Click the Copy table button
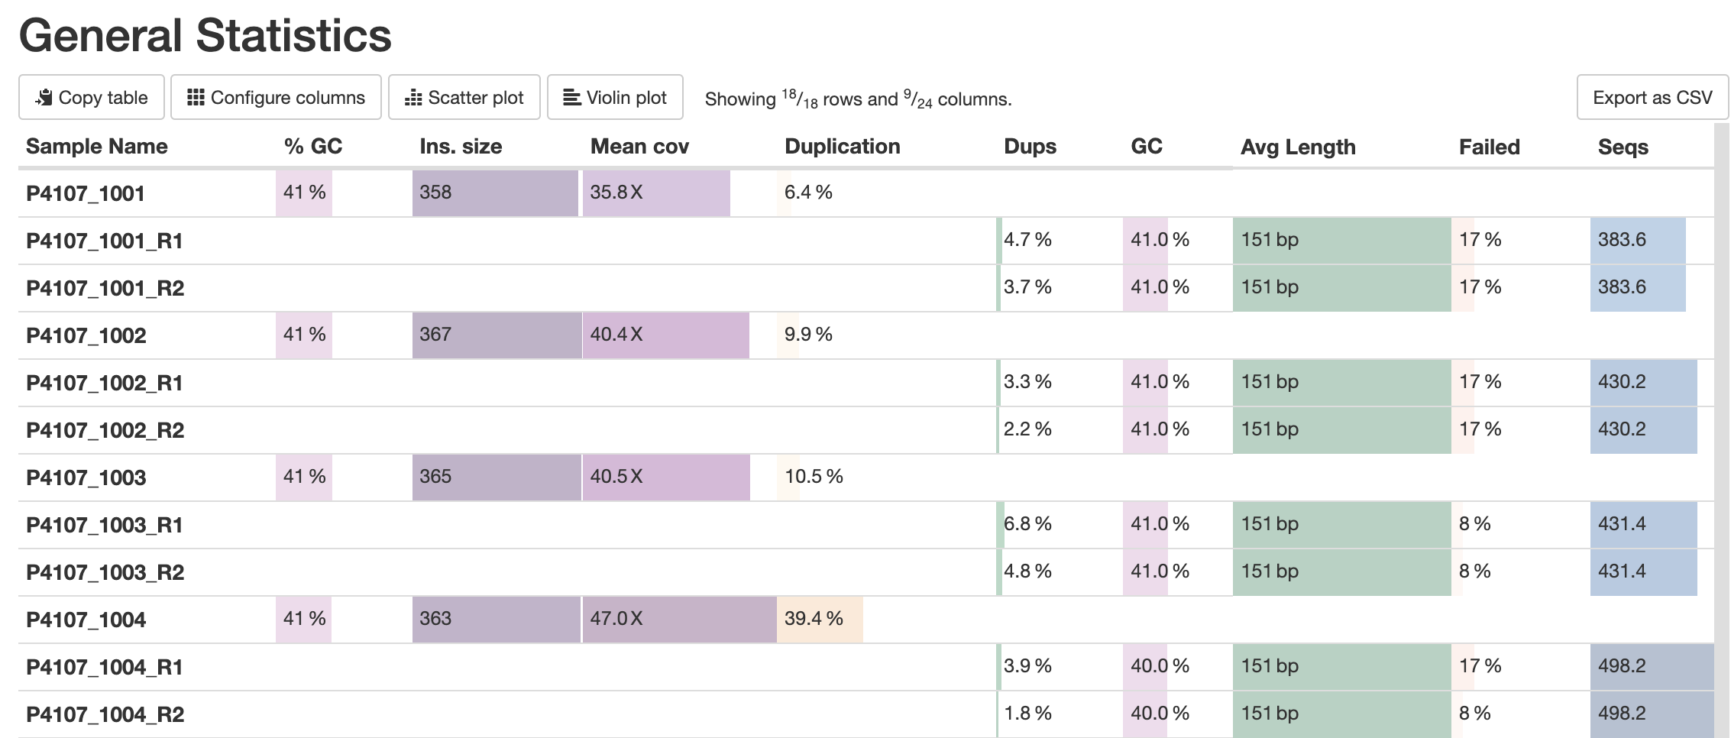point(92,98)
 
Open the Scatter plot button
point(464,98)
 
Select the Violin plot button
point(615,98)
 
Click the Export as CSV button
point(1652,98)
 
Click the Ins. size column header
point(461,147)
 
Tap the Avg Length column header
point(1298,147)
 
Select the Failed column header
point(1489,147)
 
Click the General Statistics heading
point(205,36)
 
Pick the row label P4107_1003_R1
point(105,525)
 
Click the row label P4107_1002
point(86,335)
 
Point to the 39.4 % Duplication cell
point(814,619)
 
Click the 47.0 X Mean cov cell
point(616,619)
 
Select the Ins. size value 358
point(435,193)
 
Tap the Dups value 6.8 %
point(1027,524)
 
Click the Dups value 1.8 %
point(1027,714)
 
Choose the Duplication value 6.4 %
point(808,193)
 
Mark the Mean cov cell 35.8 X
point(616,193)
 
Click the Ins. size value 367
point(435,335)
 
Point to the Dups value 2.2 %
point(1027,429)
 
